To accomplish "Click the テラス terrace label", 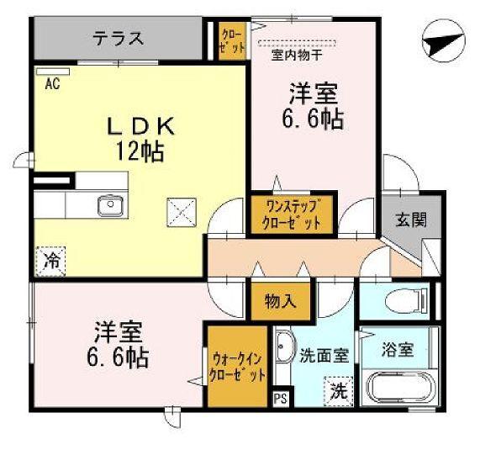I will coord(118,39).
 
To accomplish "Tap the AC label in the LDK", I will coord(51,82).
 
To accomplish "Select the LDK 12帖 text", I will coord(140,140).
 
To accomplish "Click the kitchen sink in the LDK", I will coord(108,204).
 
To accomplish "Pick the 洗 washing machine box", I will coord(339,390).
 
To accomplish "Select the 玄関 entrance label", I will coord(411,220).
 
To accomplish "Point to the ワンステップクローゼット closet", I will coord(293,214).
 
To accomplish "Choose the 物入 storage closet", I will coord(281,299).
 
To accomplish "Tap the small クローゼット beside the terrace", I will coord(231,40).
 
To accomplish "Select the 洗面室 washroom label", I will coord(325,356).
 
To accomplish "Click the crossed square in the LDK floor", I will coord(179,209).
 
